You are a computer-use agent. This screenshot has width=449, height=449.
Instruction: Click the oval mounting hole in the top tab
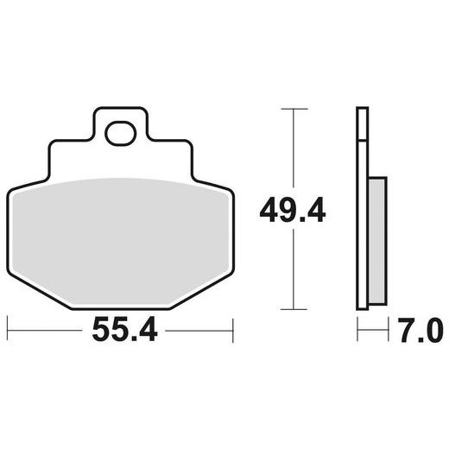pos(120,133)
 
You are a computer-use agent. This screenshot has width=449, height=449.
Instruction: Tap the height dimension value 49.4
pos(294,209)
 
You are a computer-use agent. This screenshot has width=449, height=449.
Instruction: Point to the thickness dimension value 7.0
pos(421,330)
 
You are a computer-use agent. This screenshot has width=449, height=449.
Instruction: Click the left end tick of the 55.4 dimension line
pos(8,329)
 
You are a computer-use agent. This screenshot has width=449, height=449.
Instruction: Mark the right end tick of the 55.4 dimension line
pos(233,329)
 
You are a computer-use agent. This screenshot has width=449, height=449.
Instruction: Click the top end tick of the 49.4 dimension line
pos(294,109)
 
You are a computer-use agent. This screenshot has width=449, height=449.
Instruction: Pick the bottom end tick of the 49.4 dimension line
pos(294,308)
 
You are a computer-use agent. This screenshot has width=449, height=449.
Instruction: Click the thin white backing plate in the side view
pos(362,207)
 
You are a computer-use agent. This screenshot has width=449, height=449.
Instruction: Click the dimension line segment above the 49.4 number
pos(294,151)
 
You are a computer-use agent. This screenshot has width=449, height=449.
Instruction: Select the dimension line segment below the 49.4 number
pos(294,268)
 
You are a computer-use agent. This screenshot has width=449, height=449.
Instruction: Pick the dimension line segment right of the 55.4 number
pos(199,329)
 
